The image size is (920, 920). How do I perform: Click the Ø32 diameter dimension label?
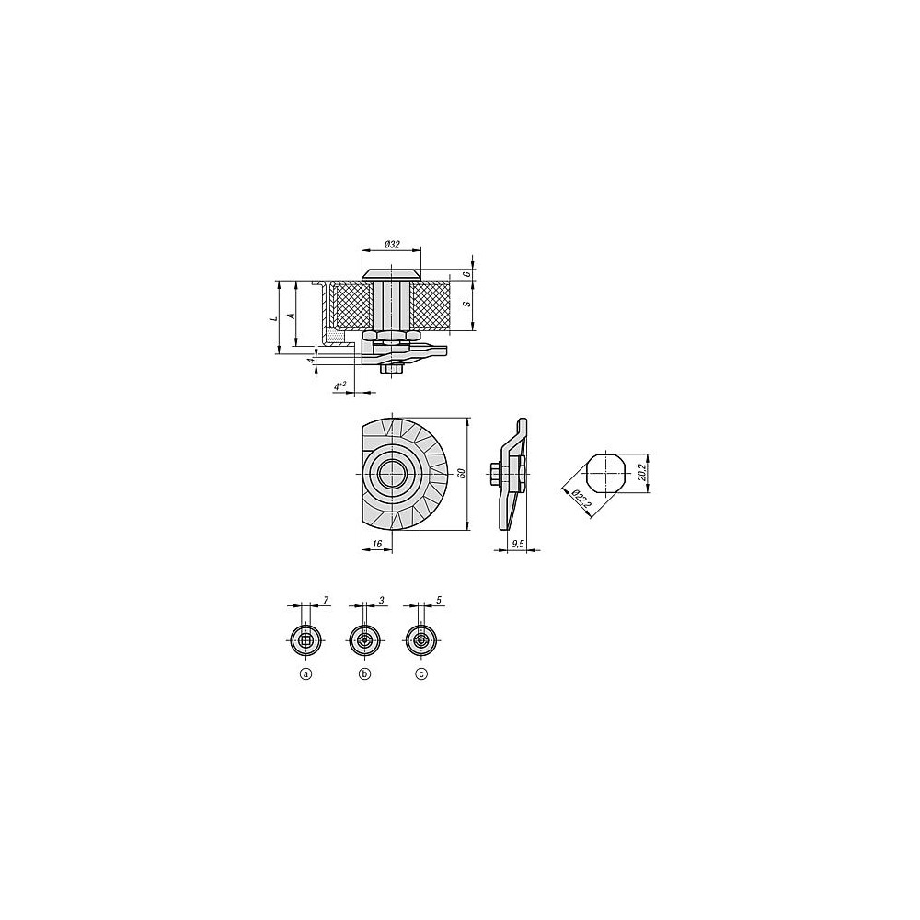[391, 244]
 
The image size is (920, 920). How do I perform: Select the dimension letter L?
[272, 317]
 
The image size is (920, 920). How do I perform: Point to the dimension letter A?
[292, 315]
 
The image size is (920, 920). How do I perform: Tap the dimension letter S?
[466, 303]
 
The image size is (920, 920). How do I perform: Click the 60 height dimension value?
[461, 473]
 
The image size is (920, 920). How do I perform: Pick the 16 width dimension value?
[375, 545]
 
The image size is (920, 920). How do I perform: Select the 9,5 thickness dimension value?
[517, 545]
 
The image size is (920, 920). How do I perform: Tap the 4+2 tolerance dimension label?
[341, 386]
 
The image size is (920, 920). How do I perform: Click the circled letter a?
[306, 674]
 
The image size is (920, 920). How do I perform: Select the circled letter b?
[364, 674]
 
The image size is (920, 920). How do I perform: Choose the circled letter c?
[421, 674]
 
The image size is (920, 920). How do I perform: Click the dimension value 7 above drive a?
[324, 600]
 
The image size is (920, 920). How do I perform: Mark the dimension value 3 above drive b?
[381, 600]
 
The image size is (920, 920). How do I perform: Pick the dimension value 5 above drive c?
[440, 600]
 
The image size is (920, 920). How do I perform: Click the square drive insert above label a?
[306, 641]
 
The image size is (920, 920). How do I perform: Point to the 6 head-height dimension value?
[466, 274]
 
